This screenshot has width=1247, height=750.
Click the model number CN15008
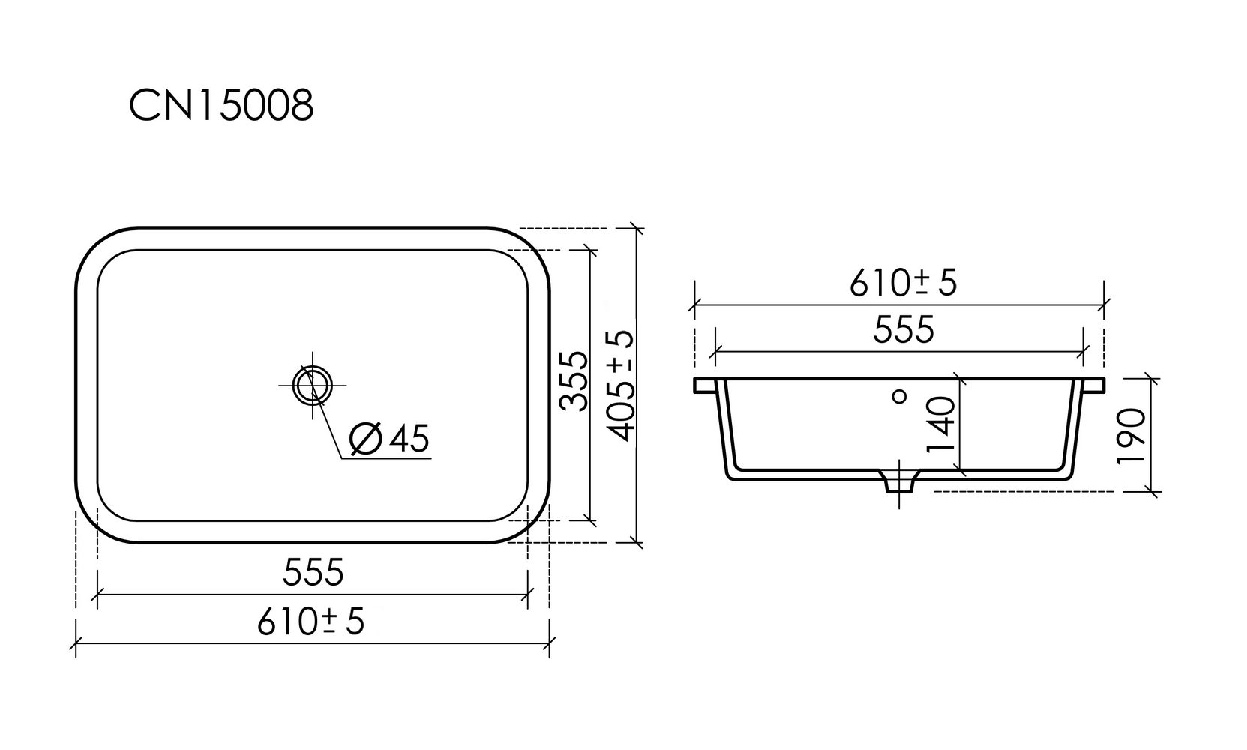click(221, 105)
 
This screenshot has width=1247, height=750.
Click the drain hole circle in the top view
click(312, 385)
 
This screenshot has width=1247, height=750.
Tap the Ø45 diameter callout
click(389, 439)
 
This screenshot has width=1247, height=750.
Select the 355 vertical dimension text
click(574, 382)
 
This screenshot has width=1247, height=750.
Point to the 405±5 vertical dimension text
click(620, 385)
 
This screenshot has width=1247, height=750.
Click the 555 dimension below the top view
click(313, 572)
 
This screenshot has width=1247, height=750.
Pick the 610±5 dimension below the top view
click(310, 622)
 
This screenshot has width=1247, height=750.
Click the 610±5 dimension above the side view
click(903, 283)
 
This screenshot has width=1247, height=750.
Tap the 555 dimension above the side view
click(903, 329)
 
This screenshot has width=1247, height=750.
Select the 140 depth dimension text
click(941, 424)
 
